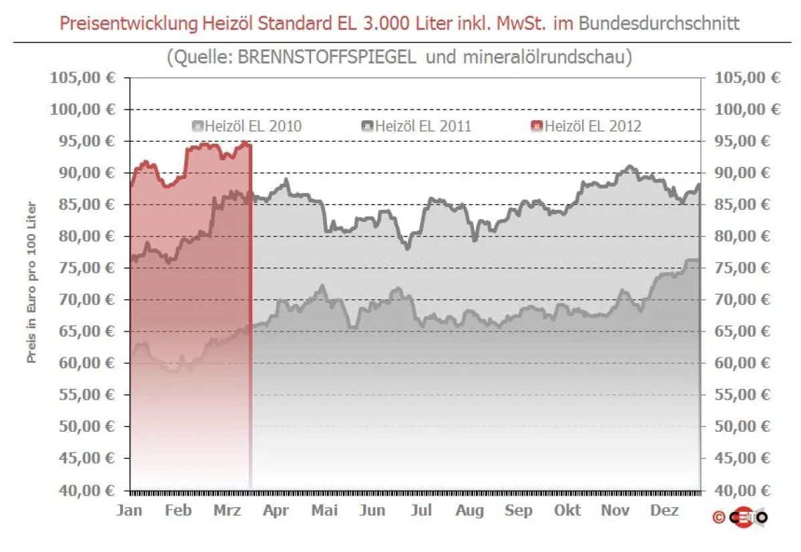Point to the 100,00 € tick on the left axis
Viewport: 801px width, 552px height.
point(82,109)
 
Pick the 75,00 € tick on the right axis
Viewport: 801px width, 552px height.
point(747,267)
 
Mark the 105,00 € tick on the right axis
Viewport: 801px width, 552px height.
point(747,78)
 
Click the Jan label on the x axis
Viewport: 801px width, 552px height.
point(129,511)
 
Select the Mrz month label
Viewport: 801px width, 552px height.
point(227,511)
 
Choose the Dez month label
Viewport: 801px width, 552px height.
point(664,511)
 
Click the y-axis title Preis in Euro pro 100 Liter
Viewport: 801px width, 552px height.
point(31,283)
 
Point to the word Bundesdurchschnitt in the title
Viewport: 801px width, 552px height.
point(659,23)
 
